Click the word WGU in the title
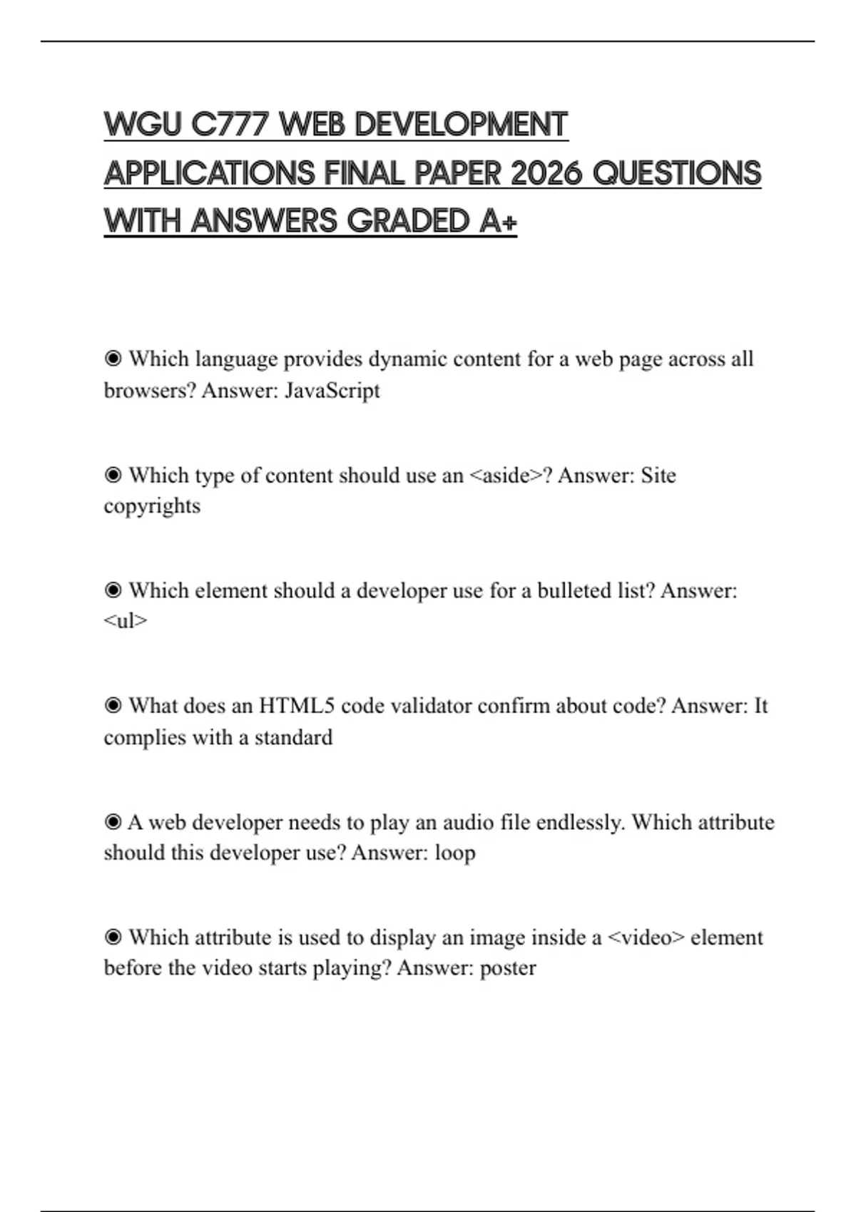pos(143,125)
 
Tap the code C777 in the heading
pos(230,125)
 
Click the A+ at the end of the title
pos(498,221)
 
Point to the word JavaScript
pos(332,391)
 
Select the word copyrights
pos(152,506)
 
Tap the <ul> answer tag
pos(126,622)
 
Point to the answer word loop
pos(455,853)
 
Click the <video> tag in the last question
pos(646,938)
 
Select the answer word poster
pos(508,968)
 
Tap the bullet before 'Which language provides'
pos(113,359)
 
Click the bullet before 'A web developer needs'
pos(113,822)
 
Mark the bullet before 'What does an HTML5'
pos(113,706)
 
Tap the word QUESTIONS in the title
pos(677,173)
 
